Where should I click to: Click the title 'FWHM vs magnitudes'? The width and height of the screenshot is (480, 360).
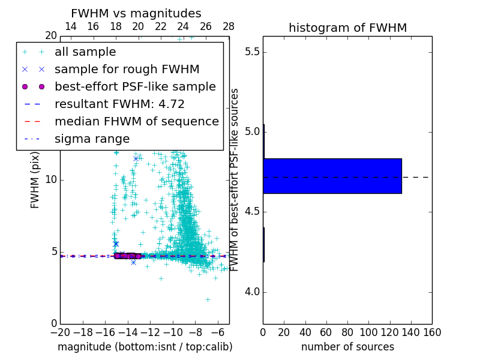[136, 13]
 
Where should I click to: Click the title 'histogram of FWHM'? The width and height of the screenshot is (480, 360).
[347, 28]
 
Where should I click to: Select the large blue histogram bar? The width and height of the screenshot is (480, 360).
[332, 176]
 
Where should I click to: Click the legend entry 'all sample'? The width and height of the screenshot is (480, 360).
[85, 52]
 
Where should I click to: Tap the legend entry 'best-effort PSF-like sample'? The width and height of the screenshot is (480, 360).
[135, 86]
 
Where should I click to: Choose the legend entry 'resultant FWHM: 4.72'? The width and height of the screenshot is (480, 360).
[119, 104]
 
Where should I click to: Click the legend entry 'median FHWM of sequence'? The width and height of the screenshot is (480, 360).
[136, 121]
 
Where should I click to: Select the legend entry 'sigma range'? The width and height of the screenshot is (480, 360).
[92, 139]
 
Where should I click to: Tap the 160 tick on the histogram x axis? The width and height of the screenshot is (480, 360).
[432, 332]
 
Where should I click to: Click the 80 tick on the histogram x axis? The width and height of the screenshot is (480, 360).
[347, 332]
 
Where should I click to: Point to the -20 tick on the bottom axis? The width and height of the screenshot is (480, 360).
[60, 332]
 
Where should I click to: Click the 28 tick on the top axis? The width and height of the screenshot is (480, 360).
[229, 26]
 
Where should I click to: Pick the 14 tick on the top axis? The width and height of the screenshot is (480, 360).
[70, 26]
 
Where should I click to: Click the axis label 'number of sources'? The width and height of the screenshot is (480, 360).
[347, 347]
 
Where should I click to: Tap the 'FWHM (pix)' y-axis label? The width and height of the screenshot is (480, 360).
[35, 179]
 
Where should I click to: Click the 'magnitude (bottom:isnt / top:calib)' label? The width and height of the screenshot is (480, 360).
[145, 347]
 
